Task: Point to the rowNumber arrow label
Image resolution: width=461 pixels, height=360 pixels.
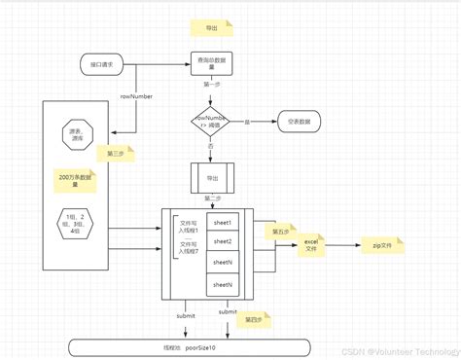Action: click(137, 96)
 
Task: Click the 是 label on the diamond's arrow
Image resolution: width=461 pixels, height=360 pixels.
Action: click(247, 122)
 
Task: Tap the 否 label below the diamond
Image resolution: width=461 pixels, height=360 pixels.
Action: click(213, 147)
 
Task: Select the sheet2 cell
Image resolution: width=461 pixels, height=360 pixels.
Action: click(223, 241)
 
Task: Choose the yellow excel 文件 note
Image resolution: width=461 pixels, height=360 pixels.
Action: click(311, 245)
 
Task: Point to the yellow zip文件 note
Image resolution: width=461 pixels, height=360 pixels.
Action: click(387, 245)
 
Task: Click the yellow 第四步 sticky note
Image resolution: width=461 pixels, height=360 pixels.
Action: click(253, 319)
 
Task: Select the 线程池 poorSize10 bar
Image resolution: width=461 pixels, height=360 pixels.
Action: click(191, 346)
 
